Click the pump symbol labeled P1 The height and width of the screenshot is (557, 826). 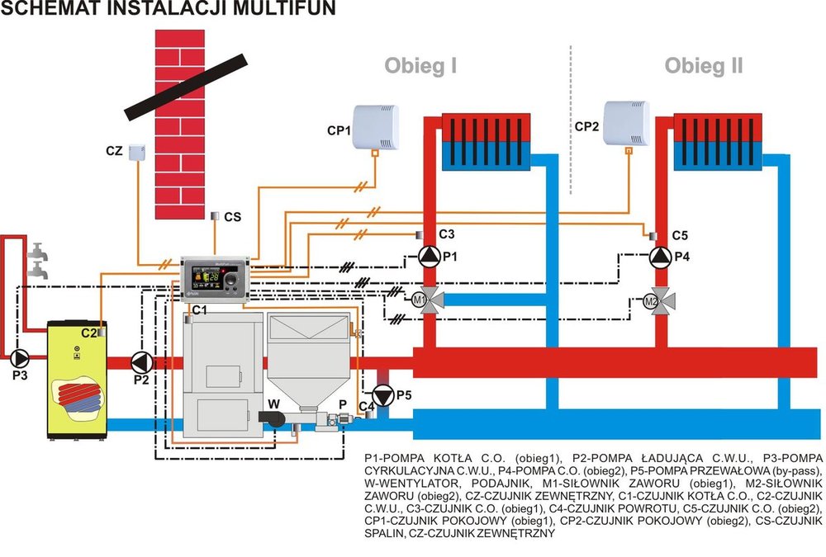coord(427,257)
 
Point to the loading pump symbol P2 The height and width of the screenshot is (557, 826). coord(143,361)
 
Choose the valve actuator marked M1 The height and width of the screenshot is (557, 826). coord(420,300)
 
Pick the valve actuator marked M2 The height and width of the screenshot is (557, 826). coord(651,300)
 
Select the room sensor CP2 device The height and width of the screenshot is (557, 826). coord(627,124)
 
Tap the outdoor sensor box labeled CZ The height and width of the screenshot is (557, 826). coord(137,153)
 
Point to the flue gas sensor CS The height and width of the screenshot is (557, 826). coord(215,216)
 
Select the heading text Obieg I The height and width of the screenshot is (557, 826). coord(420,66)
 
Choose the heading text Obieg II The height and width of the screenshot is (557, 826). coord(704,66)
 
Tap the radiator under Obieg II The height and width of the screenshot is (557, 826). coord(717,142)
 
